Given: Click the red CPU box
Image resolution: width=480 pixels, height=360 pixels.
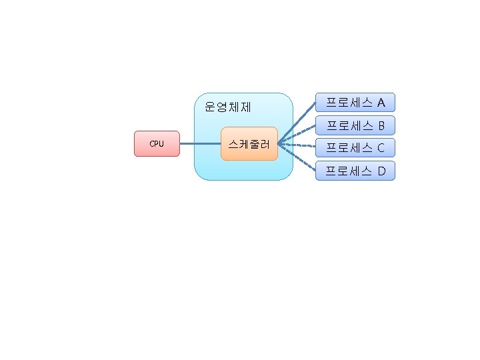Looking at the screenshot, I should coord(157,144).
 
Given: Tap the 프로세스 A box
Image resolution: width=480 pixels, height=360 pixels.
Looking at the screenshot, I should coord(355,102).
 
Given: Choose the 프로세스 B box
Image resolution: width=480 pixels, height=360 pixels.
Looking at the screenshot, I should coord(355,125).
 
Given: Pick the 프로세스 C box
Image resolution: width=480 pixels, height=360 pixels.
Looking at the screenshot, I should coord(355,148).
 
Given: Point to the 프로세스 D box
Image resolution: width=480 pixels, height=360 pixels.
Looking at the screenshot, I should coord(355,171).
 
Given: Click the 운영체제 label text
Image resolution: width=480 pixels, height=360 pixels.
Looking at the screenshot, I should coord(227,106).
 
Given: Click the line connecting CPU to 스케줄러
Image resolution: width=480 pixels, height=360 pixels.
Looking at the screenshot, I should coord(200,144).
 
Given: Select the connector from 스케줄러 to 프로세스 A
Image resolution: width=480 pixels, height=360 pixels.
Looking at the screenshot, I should coord(297,123).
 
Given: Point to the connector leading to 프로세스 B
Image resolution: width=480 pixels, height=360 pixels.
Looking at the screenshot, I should coord(297,134).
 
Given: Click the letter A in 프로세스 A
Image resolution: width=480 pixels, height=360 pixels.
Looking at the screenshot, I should coord(381,103).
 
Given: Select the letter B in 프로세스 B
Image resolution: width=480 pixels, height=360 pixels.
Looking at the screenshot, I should coord(381,125).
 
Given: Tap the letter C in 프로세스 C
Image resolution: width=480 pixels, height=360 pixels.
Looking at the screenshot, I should coord(381,148).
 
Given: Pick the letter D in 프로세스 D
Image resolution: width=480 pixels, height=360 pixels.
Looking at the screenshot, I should coord(381,171).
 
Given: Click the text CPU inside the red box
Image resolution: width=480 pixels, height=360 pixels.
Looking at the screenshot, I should coord(157,144).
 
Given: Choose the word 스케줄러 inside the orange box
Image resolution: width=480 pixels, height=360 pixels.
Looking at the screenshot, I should coord(249,143).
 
